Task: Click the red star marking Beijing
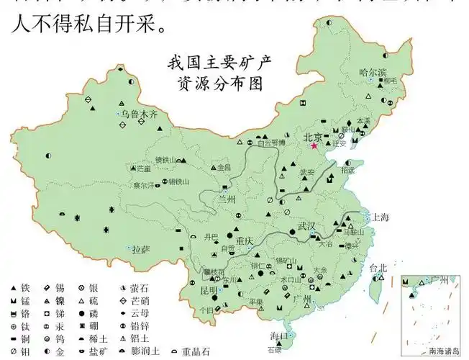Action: pos(314,146)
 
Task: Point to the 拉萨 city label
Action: pos(141,249)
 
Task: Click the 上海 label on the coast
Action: pos(379,217)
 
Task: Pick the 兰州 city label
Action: pos(227,199)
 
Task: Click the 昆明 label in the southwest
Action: pos(209,290)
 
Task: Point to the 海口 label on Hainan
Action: pos(279,336)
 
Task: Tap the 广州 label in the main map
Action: pos(302,298)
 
